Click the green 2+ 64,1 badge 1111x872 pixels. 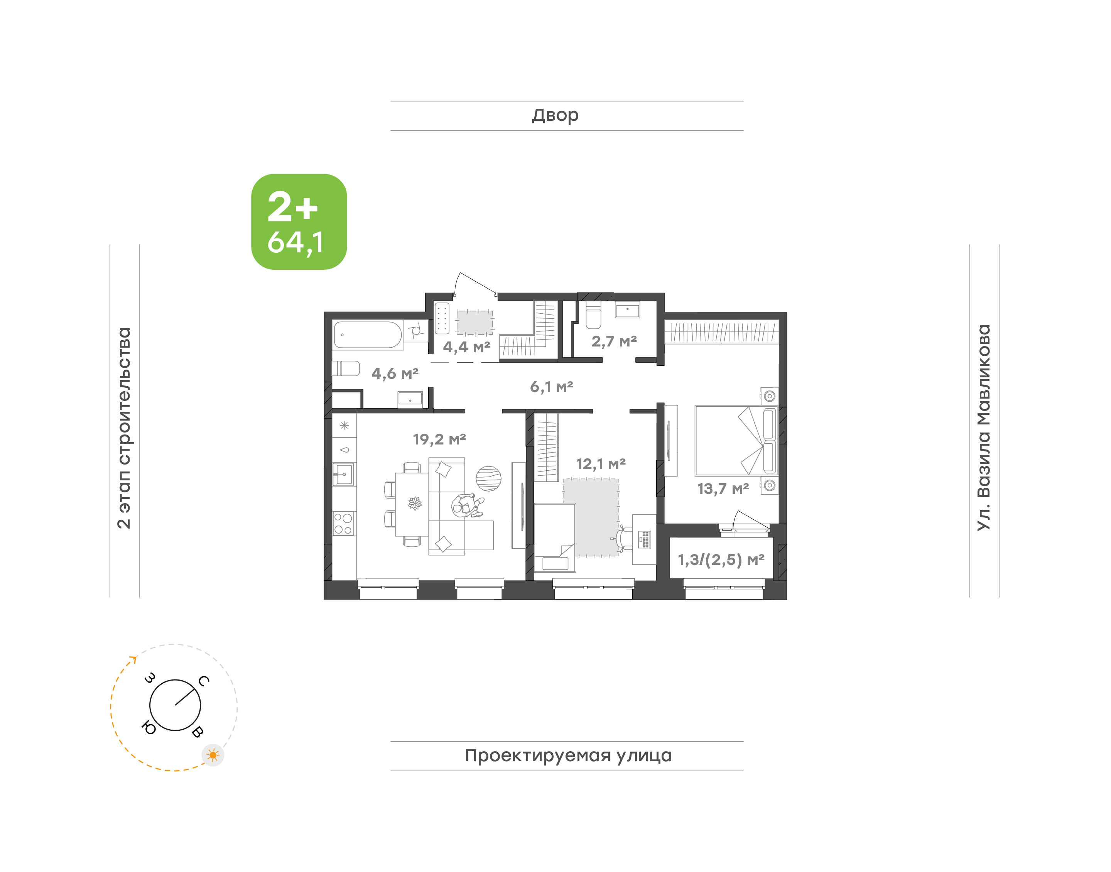(x=299, y=221)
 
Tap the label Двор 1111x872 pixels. (x=555, y=115)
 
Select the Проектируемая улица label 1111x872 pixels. (x=568, y=755)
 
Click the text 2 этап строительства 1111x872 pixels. (x=124, y=428)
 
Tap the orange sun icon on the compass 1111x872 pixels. (x=213, y=755)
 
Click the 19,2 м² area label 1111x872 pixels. (x=439, y=439)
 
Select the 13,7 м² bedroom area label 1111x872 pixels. (x=723, y=488)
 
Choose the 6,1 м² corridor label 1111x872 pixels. (x=552, y=387)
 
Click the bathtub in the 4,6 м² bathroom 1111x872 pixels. (x=368, y=335)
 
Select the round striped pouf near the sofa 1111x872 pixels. (x=488, y=478)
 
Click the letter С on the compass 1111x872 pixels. (x=204, y=681)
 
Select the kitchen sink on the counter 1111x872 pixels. (x=343, y=474)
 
